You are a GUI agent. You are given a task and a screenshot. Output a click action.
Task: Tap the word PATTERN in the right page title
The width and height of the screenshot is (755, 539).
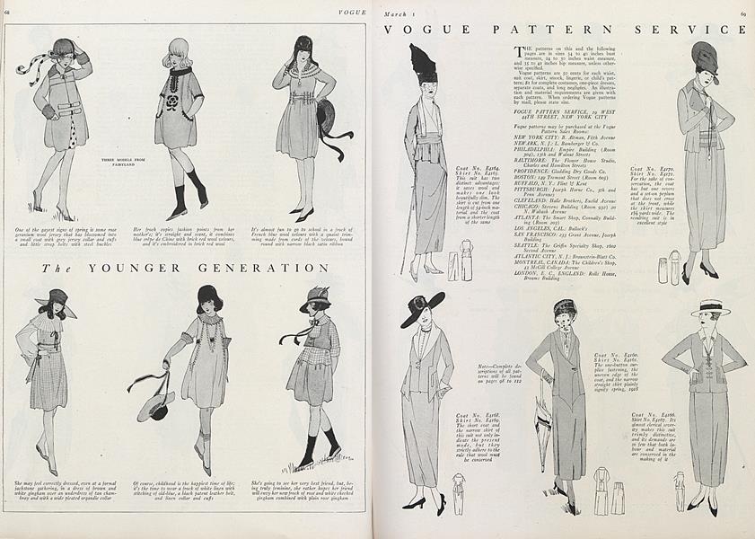point(561,29)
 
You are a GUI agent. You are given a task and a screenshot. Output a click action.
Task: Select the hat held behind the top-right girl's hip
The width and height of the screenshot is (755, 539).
point(322,119)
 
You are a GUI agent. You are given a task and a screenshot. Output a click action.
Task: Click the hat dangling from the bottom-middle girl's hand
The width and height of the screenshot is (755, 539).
point(155,404)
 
